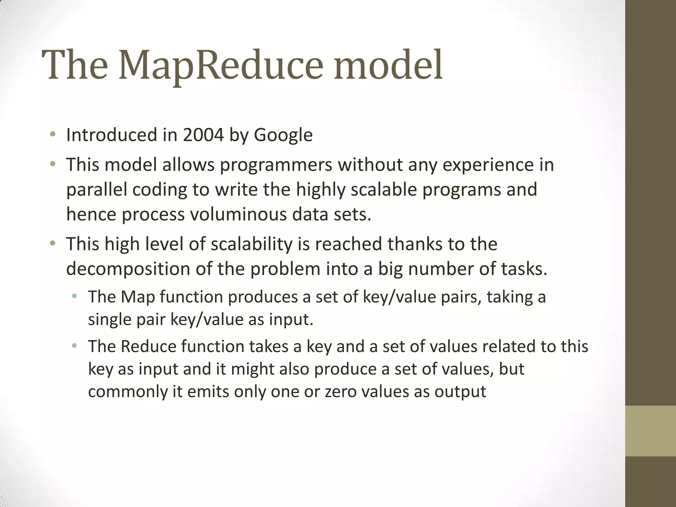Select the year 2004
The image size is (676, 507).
point(203,135)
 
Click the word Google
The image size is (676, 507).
point(283,135)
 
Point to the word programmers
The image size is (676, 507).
point(276,165)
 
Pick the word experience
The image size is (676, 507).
point(488,165)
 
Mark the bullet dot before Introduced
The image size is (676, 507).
point(52,134)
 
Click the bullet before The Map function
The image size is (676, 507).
point(75,296)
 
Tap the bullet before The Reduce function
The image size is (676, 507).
point(75,346)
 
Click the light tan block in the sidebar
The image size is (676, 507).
point(651,431)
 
